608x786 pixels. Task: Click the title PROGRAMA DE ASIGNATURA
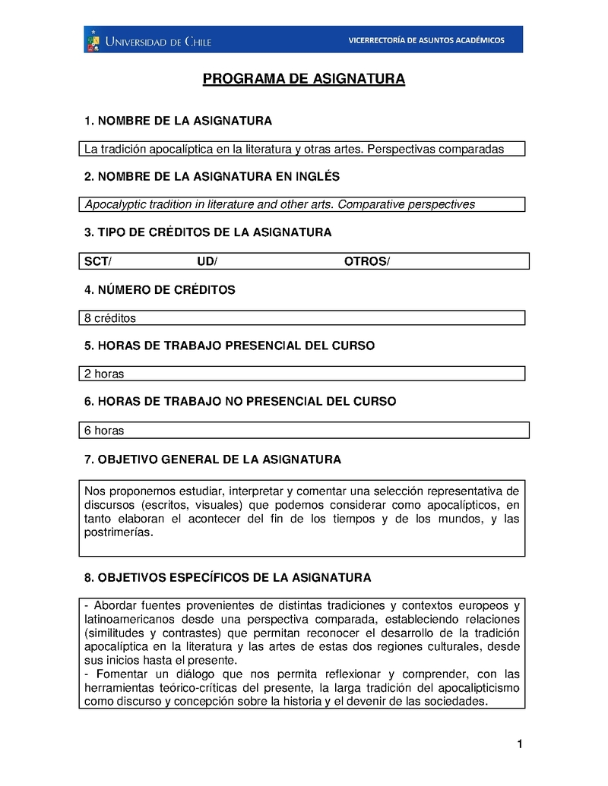[303, 80]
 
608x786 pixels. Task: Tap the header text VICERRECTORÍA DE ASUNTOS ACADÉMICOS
[426, 40]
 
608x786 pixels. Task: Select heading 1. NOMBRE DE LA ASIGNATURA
[178, 122]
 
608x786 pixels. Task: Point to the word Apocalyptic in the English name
[113, 204]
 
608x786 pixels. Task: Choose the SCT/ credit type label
[97, 261]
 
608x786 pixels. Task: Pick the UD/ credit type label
[207, 261]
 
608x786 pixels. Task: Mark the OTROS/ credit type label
[366, 261]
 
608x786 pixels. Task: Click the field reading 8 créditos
[110, 318]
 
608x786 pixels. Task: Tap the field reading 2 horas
[104, 374]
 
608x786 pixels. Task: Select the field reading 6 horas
[104, 431]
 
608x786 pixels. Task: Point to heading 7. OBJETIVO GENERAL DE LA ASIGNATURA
[212, 459]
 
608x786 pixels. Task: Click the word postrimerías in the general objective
[119, 532]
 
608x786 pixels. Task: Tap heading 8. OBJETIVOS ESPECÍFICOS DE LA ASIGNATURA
[227, 578]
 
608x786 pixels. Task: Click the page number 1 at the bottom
[520, 744]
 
